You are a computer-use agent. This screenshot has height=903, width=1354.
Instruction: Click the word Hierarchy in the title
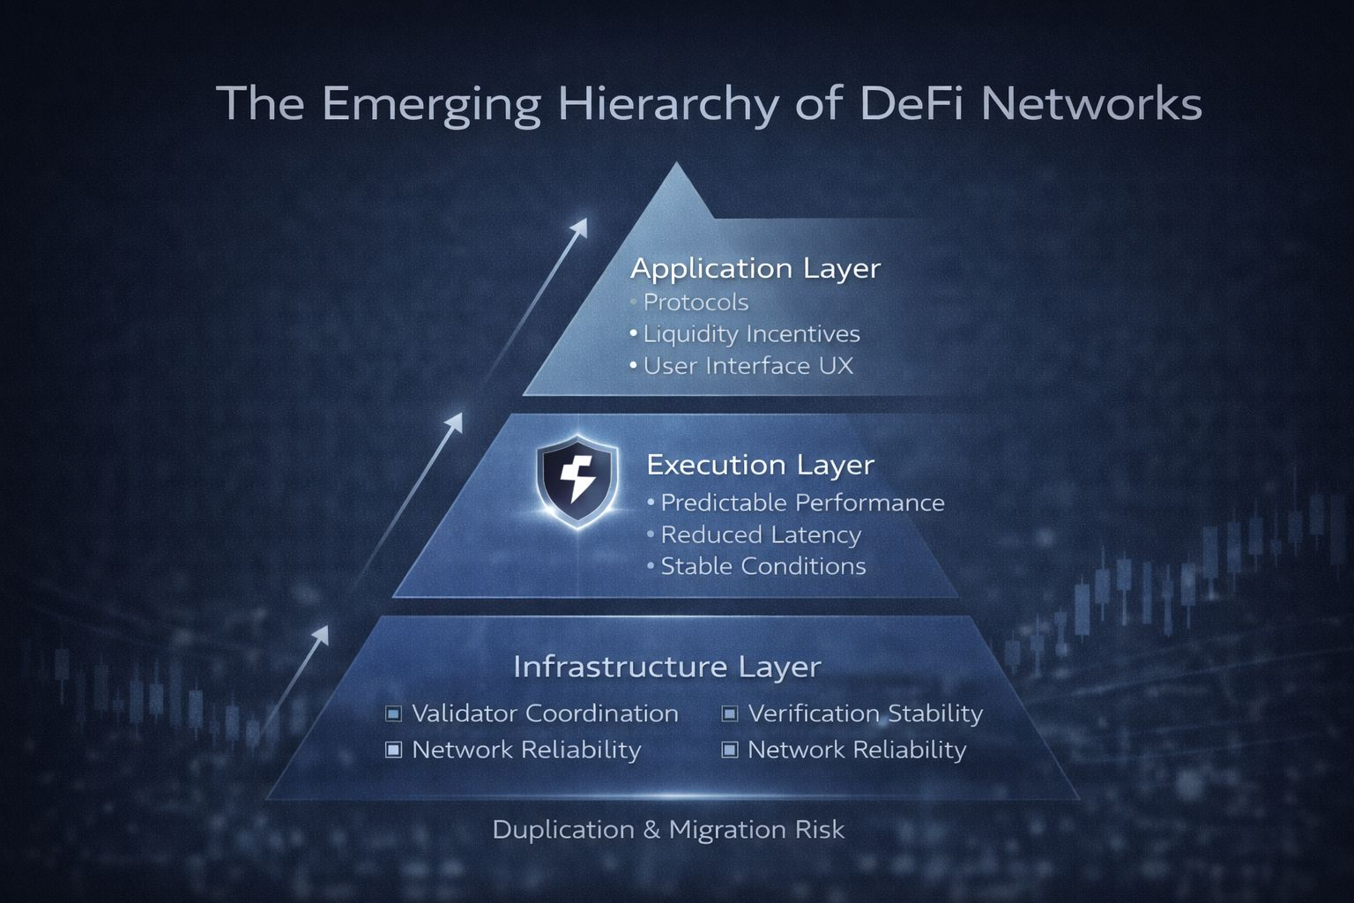click(x=667, y=104)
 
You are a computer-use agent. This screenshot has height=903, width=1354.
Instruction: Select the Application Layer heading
click(x=755, y=268)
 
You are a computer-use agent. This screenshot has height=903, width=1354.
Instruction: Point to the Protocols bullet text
click(x=696, y=302)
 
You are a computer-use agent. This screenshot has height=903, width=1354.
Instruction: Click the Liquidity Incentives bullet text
click(x=751, y=334)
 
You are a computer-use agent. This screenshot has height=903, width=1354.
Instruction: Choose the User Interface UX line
click(x=748, y=366)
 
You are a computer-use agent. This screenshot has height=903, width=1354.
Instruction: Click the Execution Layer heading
click(x=760, y=465)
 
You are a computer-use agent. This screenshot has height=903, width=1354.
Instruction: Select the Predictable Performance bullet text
click(x=802, y=503)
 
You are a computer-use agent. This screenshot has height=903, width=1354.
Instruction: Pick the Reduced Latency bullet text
click(x=761, y=534)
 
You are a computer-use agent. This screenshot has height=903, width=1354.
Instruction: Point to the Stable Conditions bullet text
click(x=763, y=566)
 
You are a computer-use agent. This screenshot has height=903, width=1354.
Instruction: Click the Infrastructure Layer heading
click(x=666, y=667)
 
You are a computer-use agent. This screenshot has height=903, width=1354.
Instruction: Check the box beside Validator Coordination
click(x=394, y=713)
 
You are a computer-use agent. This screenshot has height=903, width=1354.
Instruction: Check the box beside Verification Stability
click(x=730, y=713)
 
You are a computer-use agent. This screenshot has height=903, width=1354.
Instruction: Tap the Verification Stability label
click(x=865, y=713)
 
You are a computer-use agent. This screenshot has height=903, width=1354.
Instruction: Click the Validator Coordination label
click(x=545, y=713)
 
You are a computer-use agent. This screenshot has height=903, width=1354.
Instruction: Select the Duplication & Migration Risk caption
click(x=668, y=830)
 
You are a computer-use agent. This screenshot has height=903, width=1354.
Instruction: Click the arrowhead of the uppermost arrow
click(x=580, y=226)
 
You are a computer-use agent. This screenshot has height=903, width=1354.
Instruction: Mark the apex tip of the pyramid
click(x=676, y=164)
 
